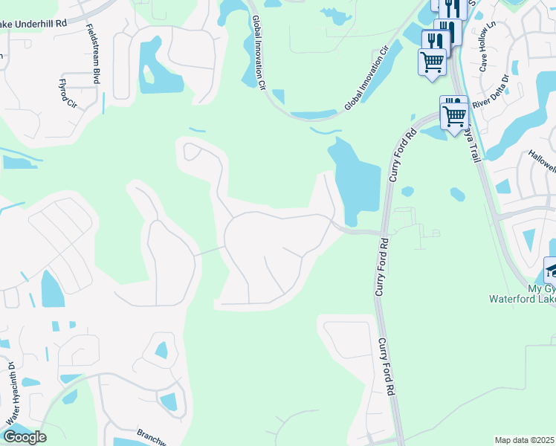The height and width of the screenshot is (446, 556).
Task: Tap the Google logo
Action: pos(25,437)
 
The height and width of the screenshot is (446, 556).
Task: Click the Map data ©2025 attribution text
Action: pos(524,440)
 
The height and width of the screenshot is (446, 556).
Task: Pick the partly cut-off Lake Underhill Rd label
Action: pos(33,23)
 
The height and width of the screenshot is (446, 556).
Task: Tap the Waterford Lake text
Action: pos(520,299)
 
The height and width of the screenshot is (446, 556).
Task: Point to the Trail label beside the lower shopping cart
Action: pos(473,146)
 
